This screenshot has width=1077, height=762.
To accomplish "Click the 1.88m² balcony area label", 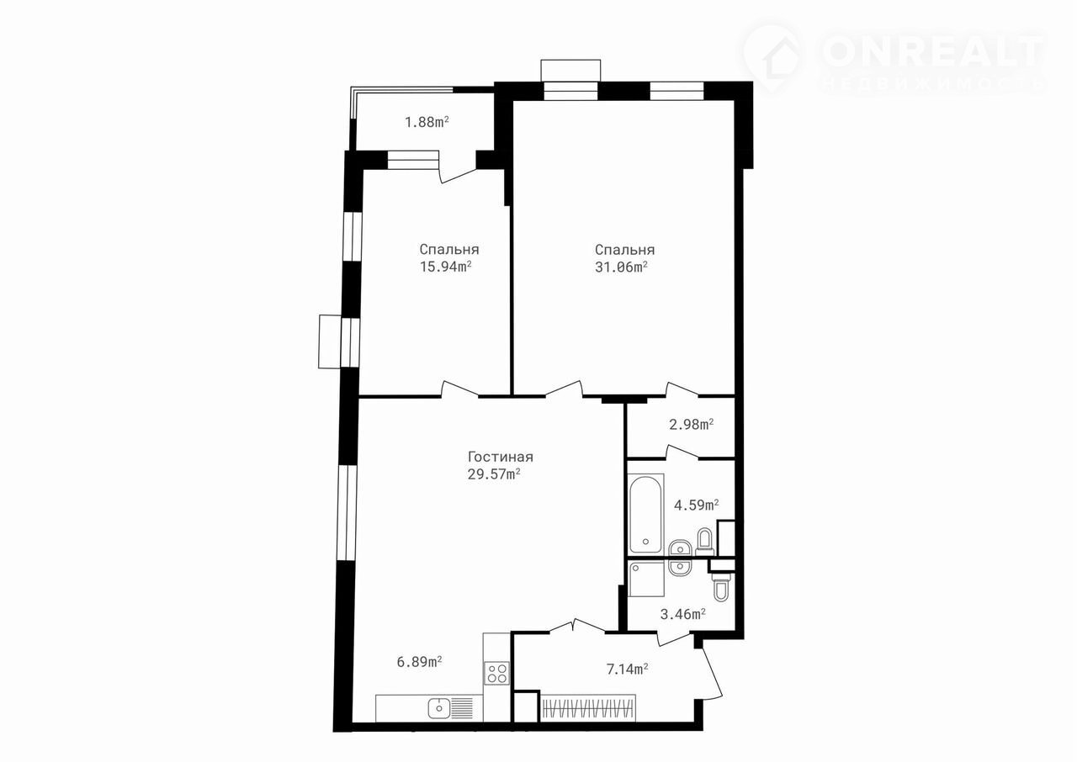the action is (427, 122).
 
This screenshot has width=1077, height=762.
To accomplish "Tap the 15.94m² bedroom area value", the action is (446, 267).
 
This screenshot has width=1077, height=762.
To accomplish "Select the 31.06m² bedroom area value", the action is (621, 267).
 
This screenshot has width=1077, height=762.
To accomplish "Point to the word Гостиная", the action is (501, 457).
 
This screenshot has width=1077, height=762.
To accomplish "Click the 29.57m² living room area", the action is (494, 474).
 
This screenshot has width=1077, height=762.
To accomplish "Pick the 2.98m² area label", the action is (692, 425).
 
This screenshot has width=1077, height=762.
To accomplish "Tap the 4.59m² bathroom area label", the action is (696, 505).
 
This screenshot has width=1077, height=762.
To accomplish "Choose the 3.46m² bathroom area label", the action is (682, 615).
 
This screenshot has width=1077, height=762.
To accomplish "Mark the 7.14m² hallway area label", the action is (628, 669).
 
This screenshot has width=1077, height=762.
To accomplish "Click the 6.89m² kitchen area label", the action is (419, 662).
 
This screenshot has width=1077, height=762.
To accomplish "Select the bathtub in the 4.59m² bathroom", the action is (645, 514).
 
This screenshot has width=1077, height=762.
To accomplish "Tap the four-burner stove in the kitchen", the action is (497, 673).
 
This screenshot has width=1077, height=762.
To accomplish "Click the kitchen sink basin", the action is (103, 707).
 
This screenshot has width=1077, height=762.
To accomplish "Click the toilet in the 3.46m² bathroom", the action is (721, 587).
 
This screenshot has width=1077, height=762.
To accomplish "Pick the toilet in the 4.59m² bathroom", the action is (705, 542).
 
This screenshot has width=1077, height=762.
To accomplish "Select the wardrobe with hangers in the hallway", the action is (587, 707).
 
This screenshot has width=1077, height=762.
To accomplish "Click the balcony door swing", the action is (457, 174).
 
